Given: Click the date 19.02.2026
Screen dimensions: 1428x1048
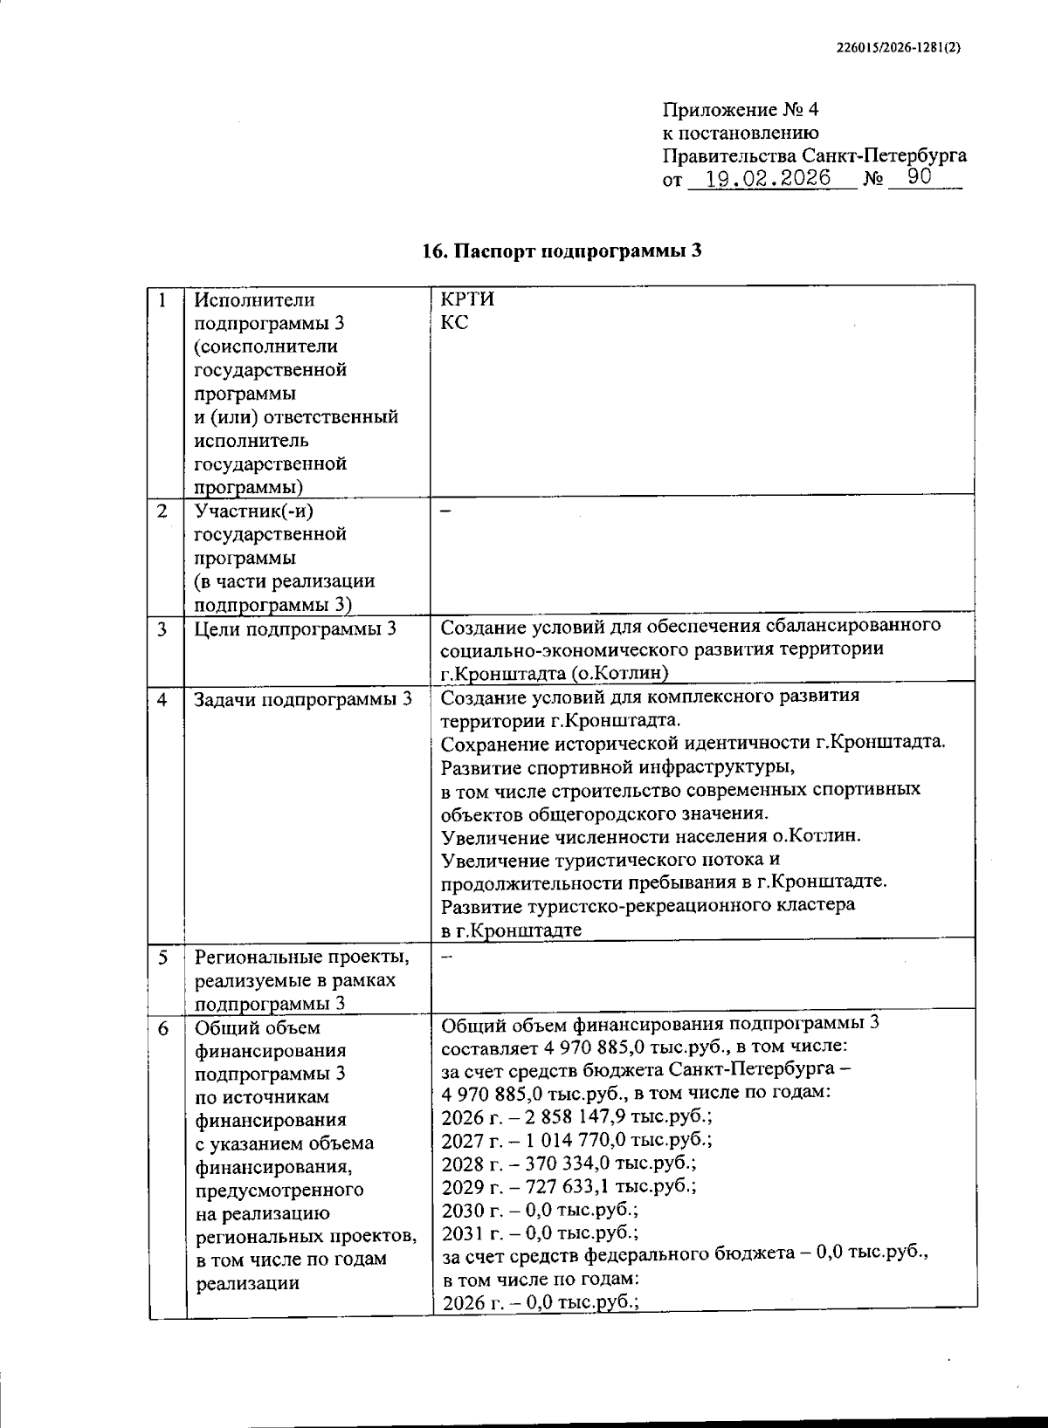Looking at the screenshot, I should tap(768, 179).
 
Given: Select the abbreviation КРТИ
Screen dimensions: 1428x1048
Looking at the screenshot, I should tap(468, 299).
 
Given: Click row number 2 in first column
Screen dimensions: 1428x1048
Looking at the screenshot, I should tap(162, 511).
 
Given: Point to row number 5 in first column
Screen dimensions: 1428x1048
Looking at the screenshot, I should tap(163, 958).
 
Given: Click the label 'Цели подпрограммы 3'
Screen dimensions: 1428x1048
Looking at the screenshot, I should tap(295, 628).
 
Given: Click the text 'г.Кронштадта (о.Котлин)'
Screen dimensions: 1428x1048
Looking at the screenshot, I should tap(555, 672).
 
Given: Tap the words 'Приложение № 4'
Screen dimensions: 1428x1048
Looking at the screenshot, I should tap(741, 110).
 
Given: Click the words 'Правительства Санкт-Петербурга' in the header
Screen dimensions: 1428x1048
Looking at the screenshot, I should tap(815, 156).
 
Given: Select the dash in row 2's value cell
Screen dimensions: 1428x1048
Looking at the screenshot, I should tap(445, 512).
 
